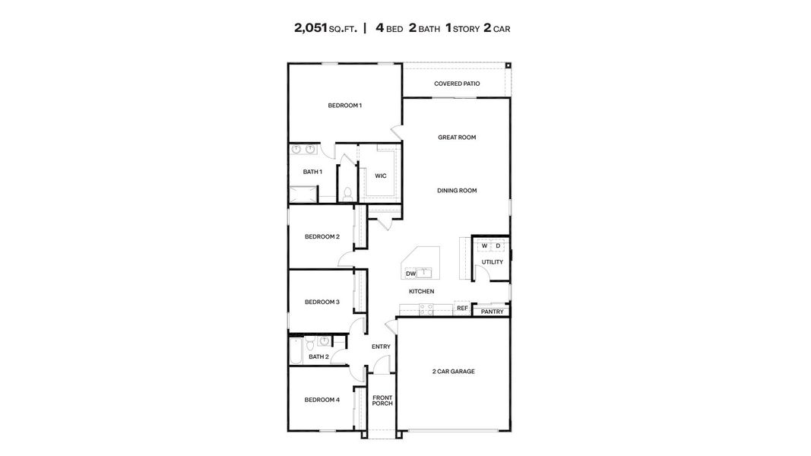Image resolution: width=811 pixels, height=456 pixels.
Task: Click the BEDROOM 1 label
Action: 344,106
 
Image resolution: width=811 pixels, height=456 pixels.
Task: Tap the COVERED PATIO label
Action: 457,84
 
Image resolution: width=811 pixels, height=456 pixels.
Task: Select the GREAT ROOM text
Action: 457,138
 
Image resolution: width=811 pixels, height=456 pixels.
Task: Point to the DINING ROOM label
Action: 457,191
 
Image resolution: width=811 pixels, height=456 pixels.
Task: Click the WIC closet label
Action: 380,176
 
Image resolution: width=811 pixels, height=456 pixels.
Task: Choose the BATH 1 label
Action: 312,172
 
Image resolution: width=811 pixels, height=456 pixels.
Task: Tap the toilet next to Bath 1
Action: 347,193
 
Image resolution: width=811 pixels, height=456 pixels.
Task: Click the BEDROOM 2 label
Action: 322,236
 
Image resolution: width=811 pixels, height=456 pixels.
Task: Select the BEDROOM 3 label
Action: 322,302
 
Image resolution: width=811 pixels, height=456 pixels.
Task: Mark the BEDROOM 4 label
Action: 322,400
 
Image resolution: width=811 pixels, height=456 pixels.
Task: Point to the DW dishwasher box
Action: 410,274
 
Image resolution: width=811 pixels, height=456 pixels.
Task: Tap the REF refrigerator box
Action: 462,309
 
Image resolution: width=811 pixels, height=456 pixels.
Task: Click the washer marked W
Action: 484,245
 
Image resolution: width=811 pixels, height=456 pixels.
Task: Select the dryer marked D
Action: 498,245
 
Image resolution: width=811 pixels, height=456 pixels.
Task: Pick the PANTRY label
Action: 492,312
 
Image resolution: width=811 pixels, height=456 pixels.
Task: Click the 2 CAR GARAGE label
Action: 454,372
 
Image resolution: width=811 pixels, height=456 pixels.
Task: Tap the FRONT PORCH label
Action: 382,400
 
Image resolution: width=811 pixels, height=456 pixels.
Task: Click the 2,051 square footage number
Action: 311,29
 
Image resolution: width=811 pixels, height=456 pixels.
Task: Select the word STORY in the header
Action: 466,30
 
